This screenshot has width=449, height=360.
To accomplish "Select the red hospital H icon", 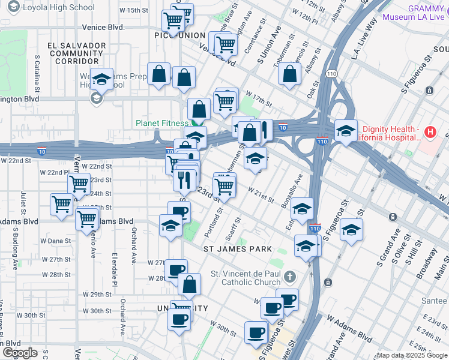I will click(x=429, y=131).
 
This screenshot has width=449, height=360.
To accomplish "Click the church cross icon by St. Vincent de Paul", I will click(x=290, y=277).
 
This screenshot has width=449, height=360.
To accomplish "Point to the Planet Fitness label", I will click(x=161, y=123).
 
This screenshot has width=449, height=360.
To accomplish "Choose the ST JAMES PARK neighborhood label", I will click(x=238, y=248).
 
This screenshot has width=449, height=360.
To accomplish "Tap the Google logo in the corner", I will click(x=20, y=353).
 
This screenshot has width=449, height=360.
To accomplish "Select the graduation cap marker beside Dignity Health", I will click(x=346, y=130).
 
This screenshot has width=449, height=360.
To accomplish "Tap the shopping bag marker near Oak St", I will click(x=290, y=74).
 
